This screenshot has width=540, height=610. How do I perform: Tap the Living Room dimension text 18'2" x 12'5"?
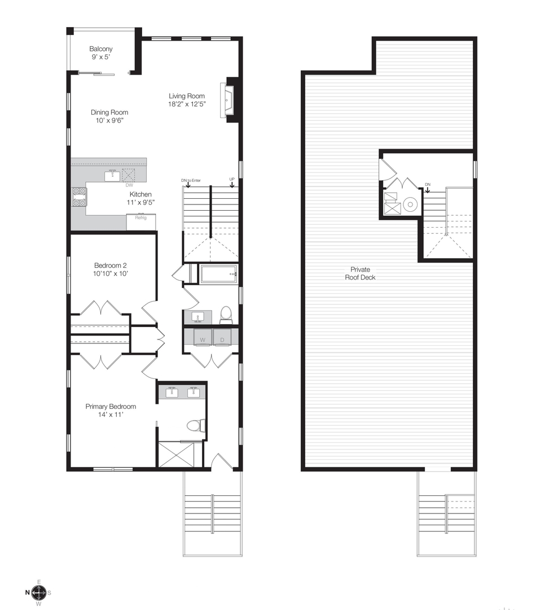(x=187, y=104)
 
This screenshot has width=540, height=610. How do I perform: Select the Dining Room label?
(x=109, y=112)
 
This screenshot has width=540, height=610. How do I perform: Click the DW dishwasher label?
(x=129, y=185)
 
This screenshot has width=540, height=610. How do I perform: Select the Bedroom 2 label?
(x=112, y=265)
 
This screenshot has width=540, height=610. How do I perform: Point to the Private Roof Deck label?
(x=360, y=273)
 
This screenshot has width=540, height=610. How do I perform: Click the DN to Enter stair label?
(x=191, y=180)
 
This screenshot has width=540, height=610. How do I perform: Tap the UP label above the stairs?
(x=232, y=180)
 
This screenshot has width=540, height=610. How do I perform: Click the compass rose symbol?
(x=38, y=592)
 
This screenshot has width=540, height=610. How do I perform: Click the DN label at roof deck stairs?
(x=428, y=185)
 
